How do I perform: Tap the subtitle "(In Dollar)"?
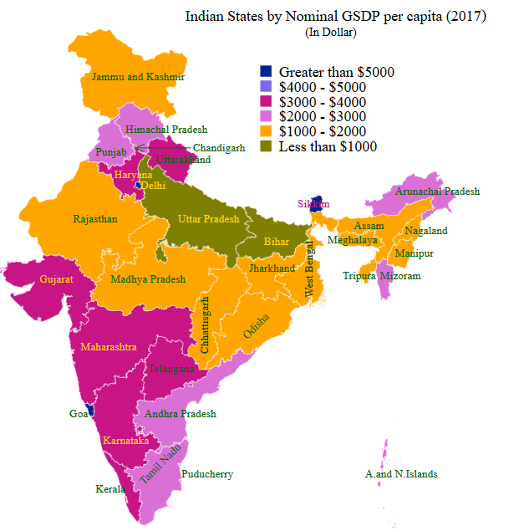click(x=332, y=33)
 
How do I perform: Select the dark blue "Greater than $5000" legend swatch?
click(x=267, y=72)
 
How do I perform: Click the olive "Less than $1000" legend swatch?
click(x=267, y=146)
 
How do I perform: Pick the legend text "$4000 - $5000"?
click(x=323, y=87)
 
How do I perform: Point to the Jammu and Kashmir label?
click(x=138, y=77)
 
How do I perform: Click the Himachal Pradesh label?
click(x=166, y=130)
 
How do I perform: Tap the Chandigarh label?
click(x=219, y=148)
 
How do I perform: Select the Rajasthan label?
click(x=95, y=219)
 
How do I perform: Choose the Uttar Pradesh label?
click(x=208, y=219)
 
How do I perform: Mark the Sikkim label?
click(x=313, y=204)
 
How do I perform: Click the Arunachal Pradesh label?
click(x=438, y=191)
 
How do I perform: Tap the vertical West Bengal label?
click(x=309, y=268)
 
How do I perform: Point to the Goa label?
click(x=77, y=413)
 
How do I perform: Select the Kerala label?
click(x=110, y=489)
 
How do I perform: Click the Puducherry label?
click(x=206, y=474)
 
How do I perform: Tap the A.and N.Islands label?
click(x=401, y=474)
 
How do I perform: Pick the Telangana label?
click(x=171, y=369)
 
